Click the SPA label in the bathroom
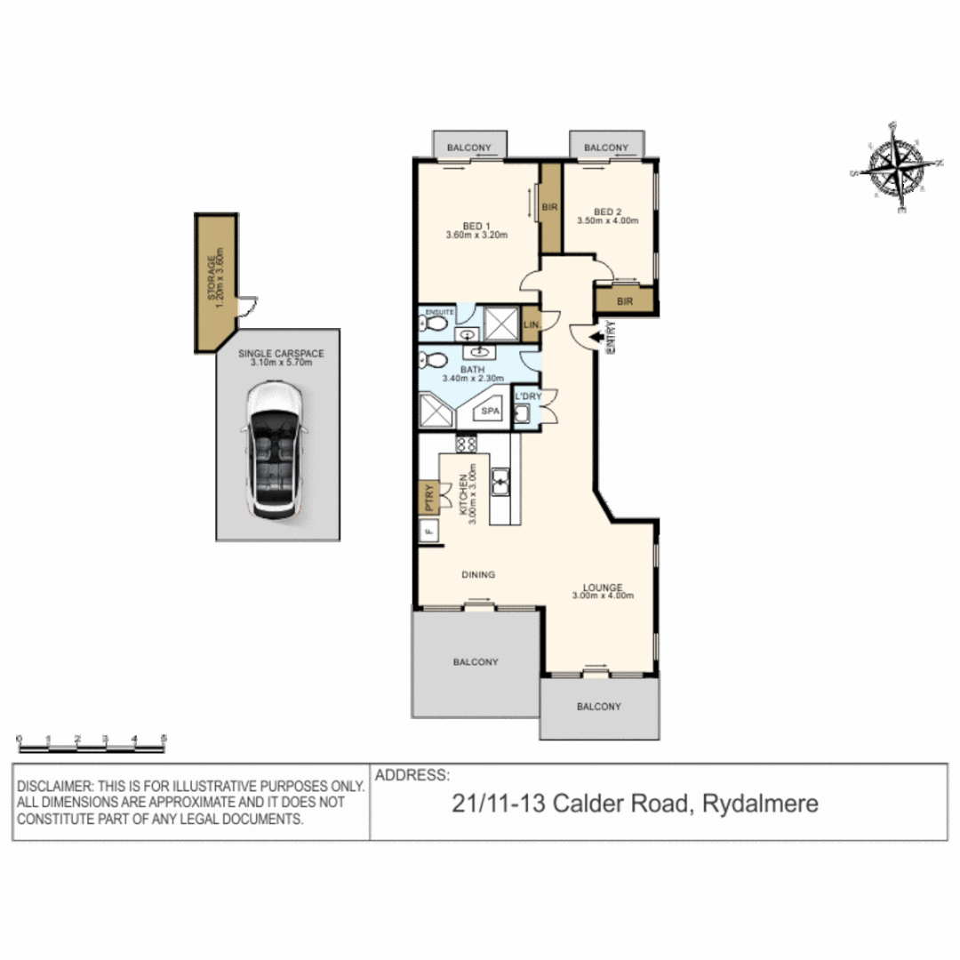(489, 412)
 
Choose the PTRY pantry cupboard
(428, 497)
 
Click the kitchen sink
(500, 481)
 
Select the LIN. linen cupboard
(532, 325)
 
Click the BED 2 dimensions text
(608, 220)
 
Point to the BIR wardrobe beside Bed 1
(549, 207)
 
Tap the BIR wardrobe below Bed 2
(625, 301)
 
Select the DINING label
(477, 574)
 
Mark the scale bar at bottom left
(92, 744)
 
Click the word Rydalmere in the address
(760, 804)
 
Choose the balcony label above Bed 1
(469, 147)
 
